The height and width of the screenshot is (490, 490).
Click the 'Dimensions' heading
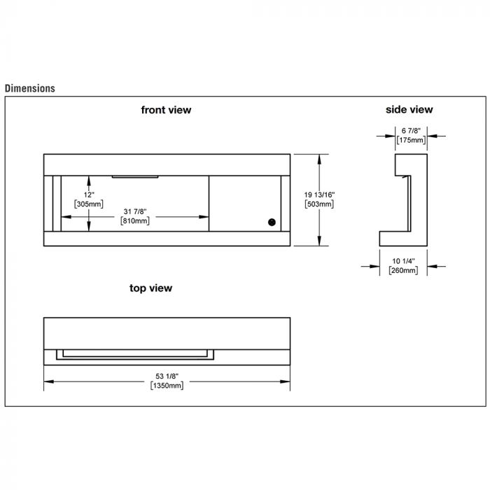click(30, 88)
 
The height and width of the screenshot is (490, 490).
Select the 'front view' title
click(166, 110)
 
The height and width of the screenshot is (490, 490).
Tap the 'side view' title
click(409, 109)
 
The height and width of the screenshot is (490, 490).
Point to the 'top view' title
click(150, 288)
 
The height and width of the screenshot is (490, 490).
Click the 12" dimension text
click(89, 195)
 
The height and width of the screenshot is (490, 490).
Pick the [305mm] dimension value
click(89, 204)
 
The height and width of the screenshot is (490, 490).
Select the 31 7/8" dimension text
click(135, 211)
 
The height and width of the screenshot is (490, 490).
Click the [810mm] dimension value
click(135, 221)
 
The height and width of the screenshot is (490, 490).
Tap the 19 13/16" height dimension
click(319, 195)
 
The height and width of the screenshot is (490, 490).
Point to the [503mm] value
click(319, 204)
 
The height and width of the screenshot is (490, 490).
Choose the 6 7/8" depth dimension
click(412, 131)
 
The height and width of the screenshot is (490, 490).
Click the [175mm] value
click(412, 140)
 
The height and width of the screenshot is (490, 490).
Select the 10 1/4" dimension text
click(403, 261)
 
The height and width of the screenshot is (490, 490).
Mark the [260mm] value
click(403, 270)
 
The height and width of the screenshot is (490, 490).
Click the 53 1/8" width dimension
click(167, 377)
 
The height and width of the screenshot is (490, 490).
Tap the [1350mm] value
click(167, 386)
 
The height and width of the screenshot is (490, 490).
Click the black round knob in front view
click(272, 222)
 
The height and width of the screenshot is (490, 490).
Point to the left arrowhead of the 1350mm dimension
click(49, 381)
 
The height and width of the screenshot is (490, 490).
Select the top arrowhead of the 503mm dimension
click(319, 159)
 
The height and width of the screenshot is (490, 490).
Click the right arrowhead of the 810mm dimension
click(204, 216)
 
